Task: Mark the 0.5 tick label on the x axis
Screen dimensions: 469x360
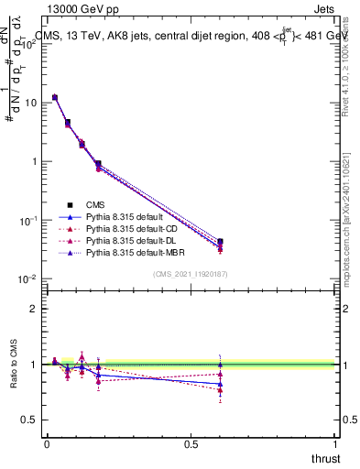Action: [191, 443]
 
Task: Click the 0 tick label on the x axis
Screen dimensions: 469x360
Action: [46, 443]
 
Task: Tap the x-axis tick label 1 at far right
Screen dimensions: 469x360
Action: [335, 443]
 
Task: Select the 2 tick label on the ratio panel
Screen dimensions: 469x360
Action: [32, 309]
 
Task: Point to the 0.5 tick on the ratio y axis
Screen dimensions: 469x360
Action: [27, 420]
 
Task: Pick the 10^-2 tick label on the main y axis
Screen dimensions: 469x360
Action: [27, 278]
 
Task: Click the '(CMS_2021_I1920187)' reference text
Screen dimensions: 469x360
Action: [190, 273]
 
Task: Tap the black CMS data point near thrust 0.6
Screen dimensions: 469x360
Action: [220, 242]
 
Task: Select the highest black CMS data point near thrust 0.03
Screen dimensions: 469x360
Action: [55, 97]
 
